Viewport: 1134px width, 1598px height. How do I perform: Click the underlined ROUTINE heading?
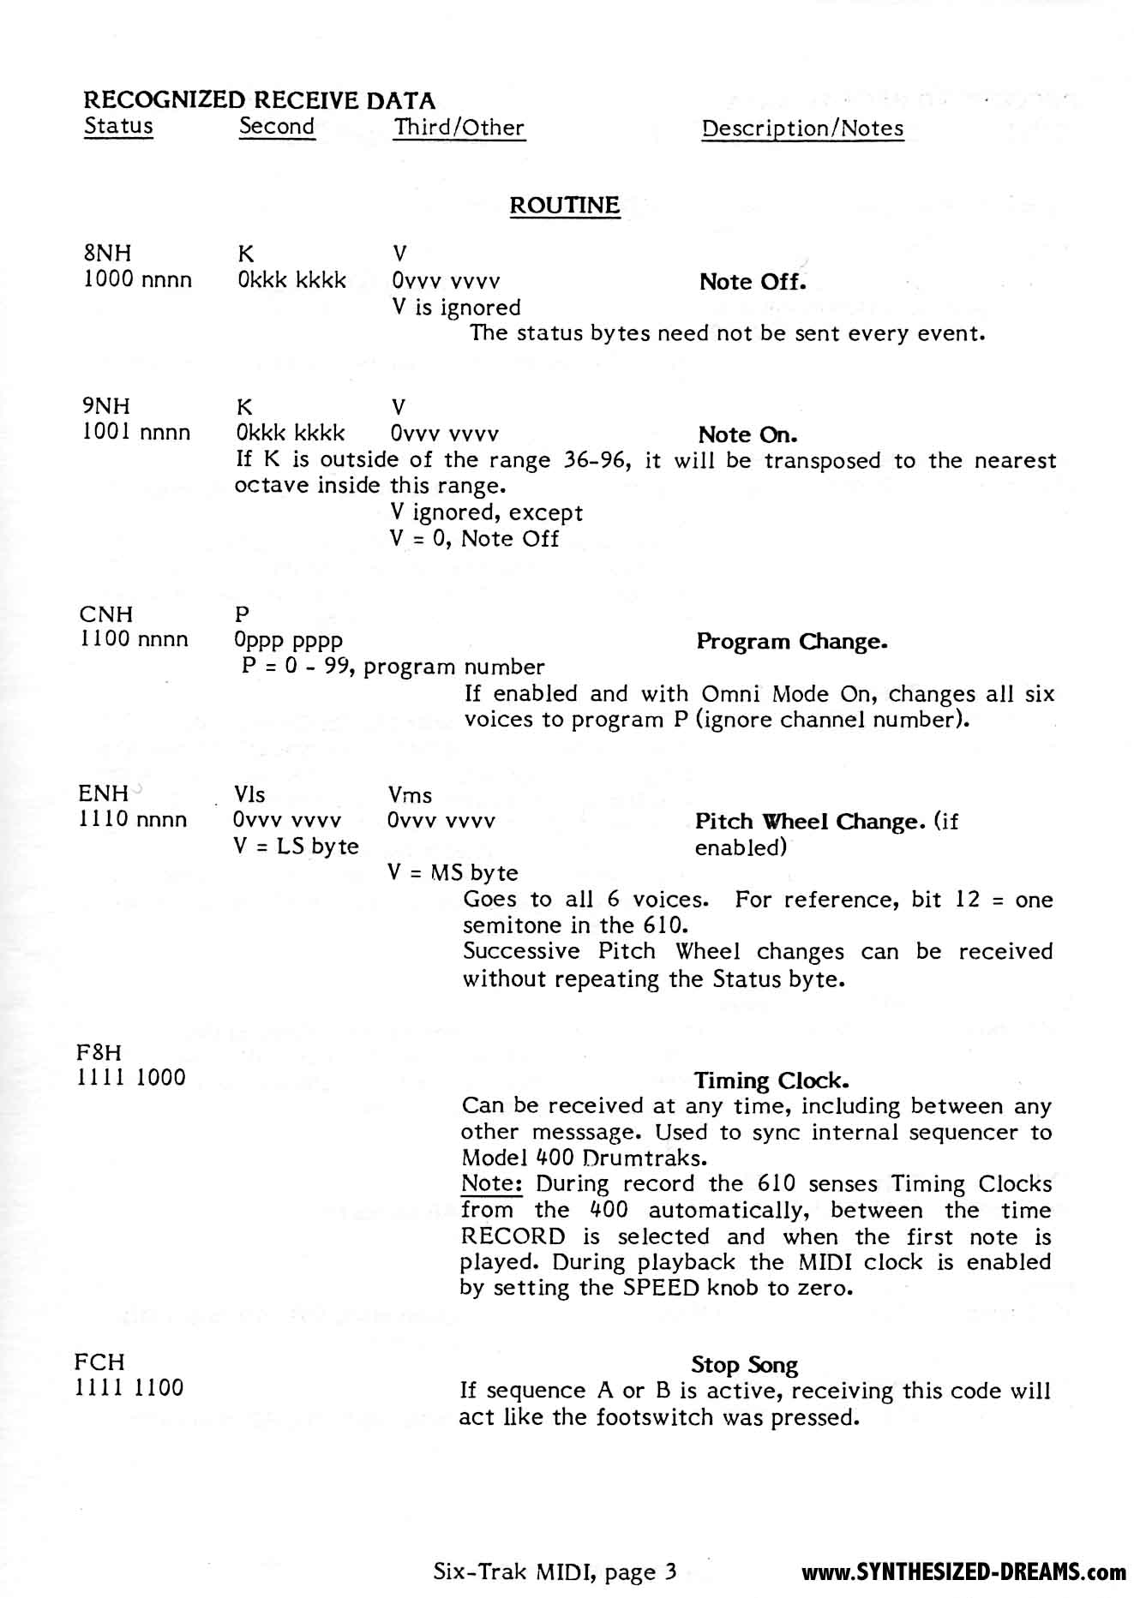[564, 206]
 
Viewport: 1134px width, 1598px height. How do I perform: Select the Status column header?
[118, 126]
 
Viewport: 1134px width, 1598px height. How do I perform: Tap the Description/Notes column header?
[802, 129]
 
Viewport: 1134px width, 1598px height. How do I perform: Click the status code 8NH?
[107, 254]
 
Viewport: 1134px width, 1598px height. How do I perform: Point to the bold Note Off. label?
[752, 282]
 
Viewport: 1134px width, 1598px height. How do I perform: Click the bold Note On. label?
[748, 434]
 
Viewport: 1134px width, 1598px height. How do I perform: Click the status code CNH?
[106, 614]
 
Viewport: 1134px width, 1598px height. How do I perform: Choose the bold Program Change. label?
[791, 642]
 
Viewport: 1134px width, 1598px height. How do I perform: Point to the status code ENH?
[103, 793]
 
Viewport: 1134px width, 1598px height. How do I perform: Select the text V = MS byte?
[453, 873]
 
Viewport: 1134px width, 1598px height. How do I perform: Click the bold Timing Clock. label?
[771, 1080]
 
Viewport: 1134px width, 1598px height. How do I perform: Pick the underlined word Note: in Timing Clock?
[492, 1184]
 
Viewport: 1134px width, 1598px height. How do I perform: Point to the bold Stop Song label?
[744, 1365]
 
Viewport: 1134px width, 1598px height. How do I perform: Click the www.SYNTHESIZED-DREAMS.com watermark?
[963, 1572]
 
